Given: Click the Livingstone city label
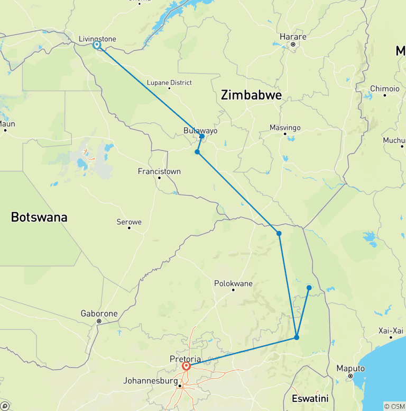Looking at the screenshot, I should [97, 39].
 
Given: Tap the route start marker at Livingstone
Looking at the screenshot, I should [97, 45].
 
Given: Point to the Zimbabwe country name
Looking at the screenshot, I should [251, 95].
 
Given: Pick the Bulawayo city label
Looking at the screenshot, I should [200, 130].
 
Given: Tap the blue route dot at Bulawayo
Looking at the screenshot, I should [202, 137].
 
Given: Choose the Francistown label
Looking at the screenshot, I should [159, 171].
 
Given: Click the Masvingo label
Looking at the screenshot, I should [285, 128].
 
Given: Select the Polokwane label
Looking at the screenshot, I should [233, 283].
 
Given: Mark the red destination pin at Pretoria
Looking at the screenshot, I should [186, 365].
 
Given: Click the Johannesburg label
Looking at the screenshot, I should [150, 380].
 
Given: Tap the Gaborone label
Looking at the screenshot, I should [99, 314].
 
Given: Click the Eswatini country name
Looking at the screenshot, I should [310, 398].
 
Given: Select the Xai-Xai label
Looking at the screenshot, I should [391, 330].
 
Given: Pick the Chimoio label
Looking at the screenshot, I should [385, 88].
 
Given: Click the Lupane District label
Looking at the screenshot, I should [169, 83].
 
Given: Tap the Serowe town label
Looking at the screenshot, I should [129, 222].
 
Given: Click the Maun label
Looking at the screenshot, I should [6, 123].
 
